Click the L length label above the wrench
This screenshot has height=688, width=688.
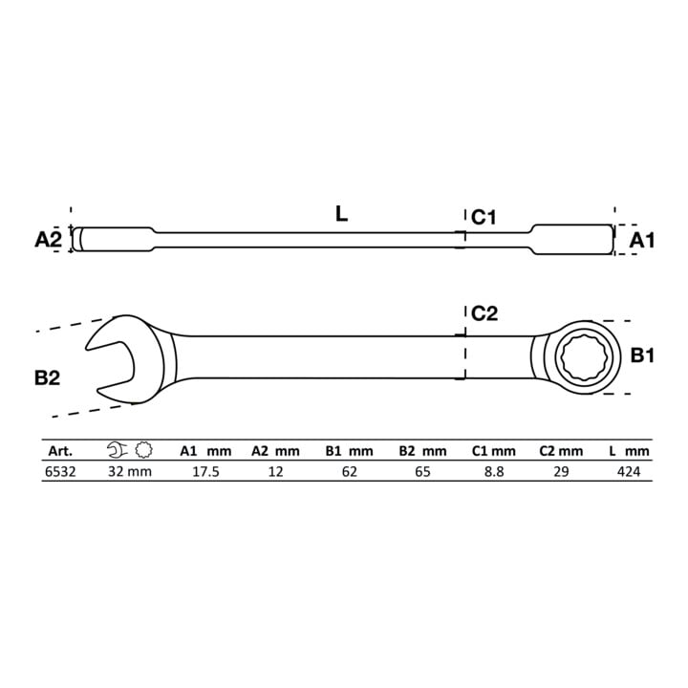click(341, 214)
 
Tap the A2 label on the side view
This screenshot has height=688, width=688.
click(49, 240)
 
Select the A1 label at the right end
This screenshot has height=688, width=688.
click(641, 241)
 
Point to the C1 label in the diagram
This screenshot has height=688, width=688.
click(484, 217)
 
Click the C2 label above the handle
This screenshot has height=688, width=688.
click(484, 313)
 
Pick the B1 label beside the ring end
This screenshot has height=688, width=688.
click(642, 355)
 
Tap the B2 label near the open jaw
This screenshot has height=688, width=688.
click(47, 377)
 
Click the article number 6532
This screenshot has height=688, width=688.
click(60, 472)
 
